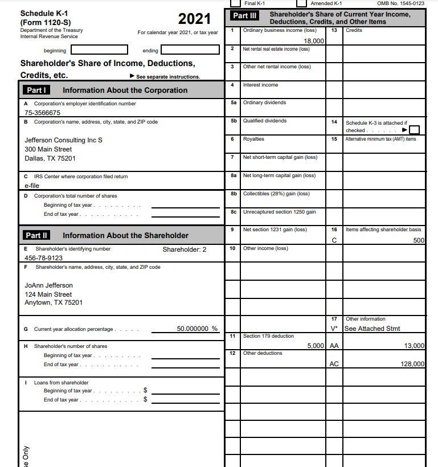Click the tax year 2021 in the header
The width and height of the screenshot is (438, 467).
click(194, 19)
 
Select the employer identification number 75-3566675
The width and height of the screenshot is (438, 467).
click(43, 113)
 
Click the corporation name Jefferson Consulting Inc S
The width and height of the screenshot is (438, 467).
click(64, 140)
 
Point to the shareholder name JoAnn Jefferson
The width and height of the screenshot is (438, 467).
click(49, 285)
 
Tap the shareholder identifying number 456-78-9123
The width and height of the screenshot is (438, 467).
click(44, 258)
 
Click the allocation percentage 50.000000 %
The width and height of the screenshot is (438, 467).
click(197, 329)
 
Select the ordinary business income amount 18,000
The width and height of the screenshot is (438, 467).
click(314, 41)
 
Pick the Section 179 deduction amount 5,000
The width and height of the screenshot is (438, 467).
click(316, 346)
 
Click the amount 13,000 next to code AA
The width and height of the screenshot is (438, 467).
click(414, 346)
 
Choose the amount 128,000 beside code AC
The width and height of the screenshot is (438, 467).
click(412, 364)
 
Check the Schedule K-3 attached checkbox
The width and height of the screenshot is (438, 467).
click(415, 130)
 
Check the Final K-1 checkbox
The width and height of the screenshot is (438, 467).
click(235, 3)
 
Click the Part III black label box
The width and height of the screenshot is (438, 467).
click(245, 16)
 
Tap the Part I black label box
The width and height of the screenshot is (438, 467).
click(36, 90)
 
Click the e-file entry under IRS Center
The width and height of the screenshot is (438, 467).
click(31, 186)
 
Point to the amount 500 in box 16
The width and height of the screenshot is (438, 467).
click(419, 240)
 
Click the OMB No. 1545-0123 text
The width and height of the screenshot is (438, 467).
click(400, 3)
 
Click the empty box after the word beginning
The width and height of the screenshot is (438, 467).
click(103, 51)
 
